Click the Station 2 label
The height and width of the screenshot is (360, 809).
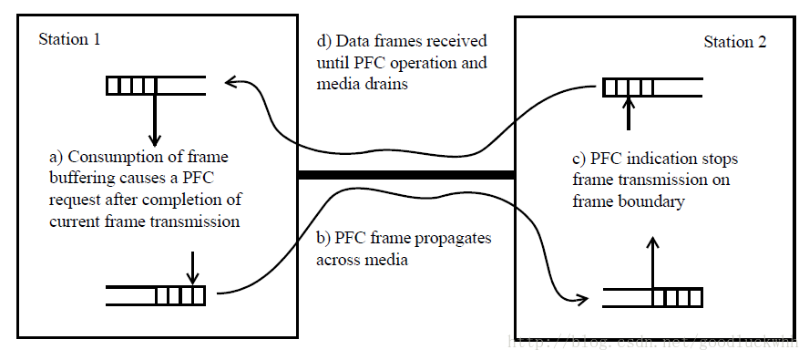(x=735, y=42)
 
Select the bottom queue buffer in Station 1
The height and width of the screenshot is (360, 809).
(x=156, y=296)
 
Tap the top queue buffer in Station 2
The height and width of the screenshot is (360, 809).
(x=651, y=88)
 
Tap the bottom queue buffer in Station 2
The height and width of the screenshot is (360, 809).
(x=651, y=297)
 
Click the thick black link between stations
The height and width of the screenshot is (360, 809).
(x=407, y=175)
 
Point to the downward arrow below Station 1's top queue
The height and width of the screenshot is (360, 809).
(x=155, y=118)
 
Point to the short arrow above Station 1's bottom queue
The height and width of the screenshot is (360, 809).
(x=191, y=269)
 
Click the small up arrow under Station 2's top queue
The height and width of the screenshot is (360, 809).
(x=627, y=115)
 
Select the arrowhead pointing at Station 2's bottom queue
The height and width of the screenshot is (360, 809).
(x=580, y=298)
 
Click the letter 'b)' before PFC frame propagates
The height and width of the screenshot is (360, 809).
(x=323, y=238)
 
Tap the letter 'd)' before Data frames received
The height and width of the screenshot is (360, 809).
(x=322, y=42)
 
